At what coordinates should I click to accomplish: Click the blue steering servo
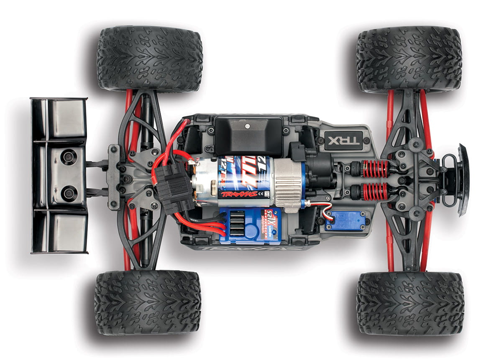[345, 220]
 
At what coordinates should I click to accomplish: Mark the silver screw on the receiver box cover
[248, 125]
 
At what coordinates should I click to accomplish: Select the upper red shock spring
[375, 169]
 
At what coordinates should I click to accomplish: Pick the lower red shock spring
[375, 191]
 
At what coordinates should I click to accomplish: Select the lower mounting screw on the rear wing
[69, 193]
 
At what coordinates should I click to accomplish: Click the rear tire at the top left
[150, 59]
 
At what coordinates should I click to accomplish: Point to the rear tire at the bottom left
[148, 302]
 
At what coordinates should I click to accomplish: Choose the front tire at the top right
[409, 59]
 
